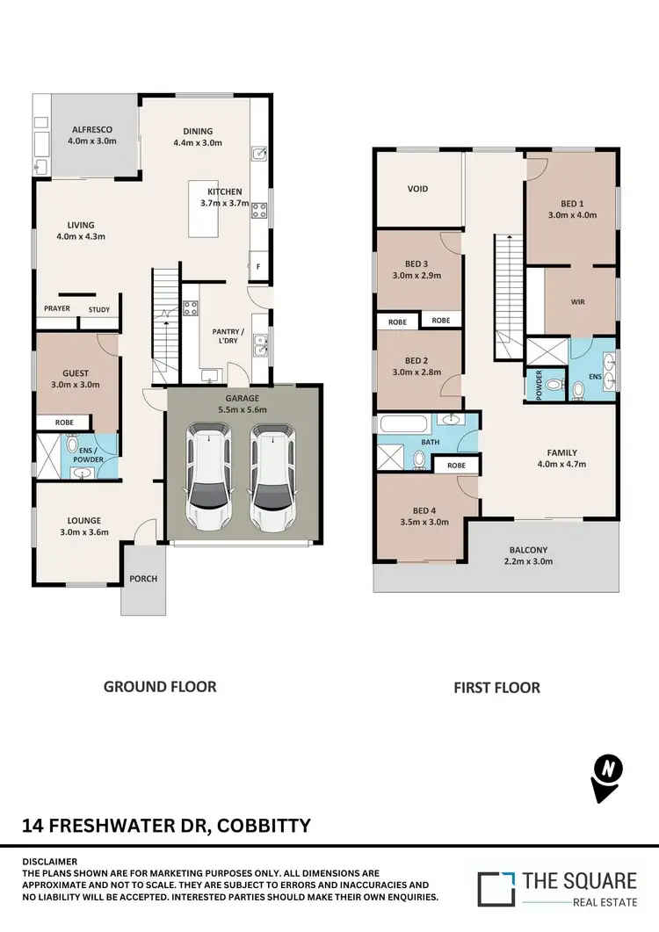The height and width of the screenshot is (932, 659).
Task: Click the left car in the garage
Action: click(209, 477)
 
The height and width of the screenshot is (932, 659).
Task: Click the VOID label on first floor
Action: click(417, 189)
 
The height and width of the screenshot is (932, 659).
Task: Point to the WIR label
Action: click(577, 301)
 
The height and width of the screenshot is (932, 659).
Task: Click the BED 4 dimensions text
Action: click(424, 522)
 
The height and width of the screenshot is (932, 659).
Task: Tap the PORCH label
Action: click(142, 579)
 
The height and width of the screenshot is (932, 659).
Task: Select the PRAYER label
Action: click(57, 309)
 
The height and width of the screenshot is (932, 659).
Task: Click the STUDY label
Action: click(99, 309)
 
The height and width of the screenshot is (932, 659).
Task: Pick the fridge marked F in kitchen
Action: click(260, 264)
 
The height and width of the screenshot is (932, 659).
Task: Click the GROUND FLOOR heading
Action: click(160, 686)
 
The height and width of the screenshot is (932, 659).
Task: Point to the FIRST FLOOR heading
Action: click(496, 687)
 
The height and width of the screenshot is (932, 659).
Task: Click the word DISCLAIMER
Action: click(50, 862)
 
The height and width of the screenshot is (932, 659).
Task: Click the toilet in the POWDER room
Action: click(552, 385)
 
